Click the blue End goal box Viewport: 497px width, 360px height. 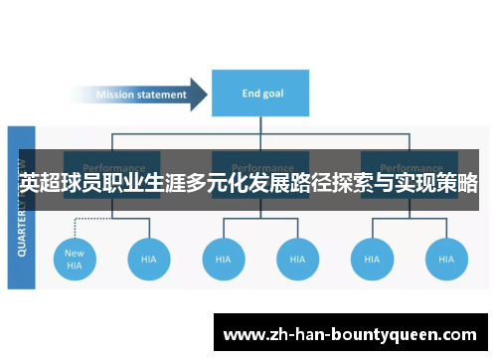click(262, 94)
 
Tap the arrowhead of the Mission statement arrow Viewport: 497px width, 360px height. click(199, 95)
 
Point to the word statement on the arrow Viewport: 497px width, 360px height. click(162, 95)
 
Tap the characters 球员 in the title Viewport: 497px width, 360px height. click(83, 184)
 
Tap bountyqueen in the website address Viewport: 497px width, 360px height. click(388, 334)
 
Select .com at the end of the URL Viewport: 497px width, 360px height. click(458, 334)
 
